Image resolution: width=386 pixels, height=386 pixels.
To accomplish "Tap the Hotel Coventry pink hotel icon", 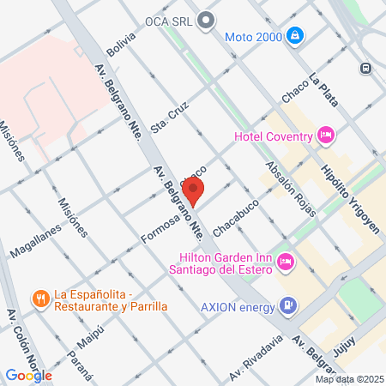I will pos(325,135).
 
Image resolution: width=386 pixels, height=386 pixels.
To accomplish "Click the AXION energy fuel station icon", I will pos(289,305).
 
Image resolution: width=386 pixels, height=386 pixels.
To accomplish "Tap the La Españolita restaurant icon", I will pos(39,299).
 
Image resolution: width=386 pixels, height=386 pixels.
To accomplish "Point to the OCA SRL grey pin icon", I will pos(204,19).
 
